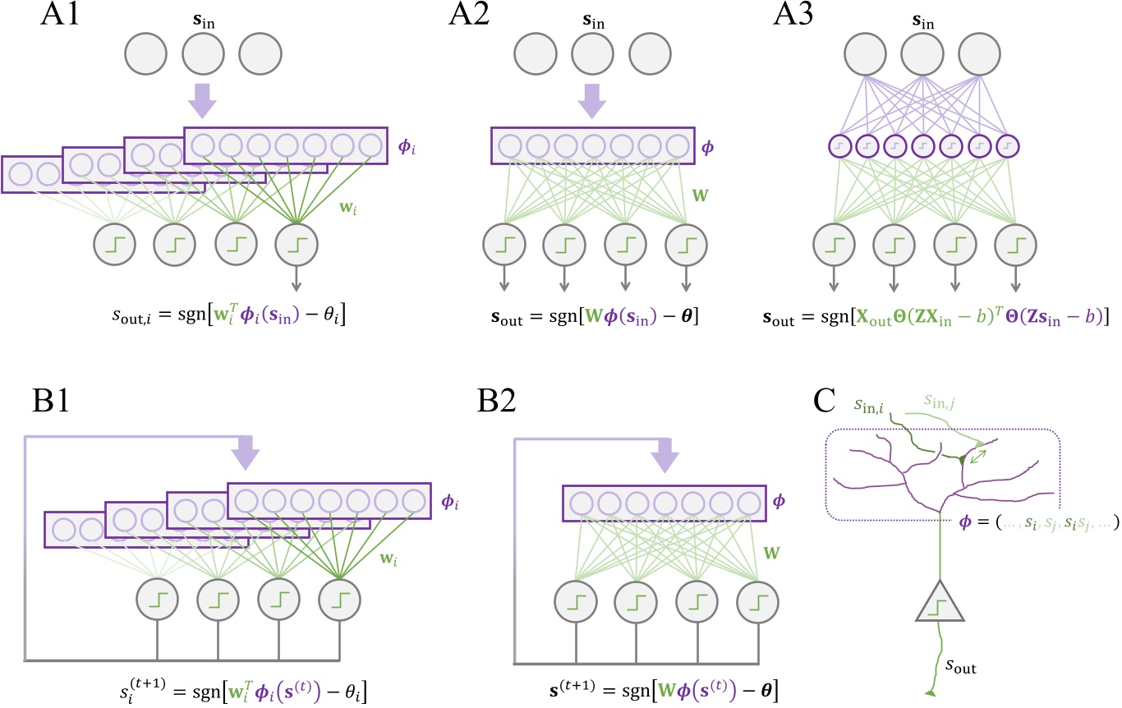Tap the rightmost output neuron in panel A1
pyautogui.click(x=297, y=244)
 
